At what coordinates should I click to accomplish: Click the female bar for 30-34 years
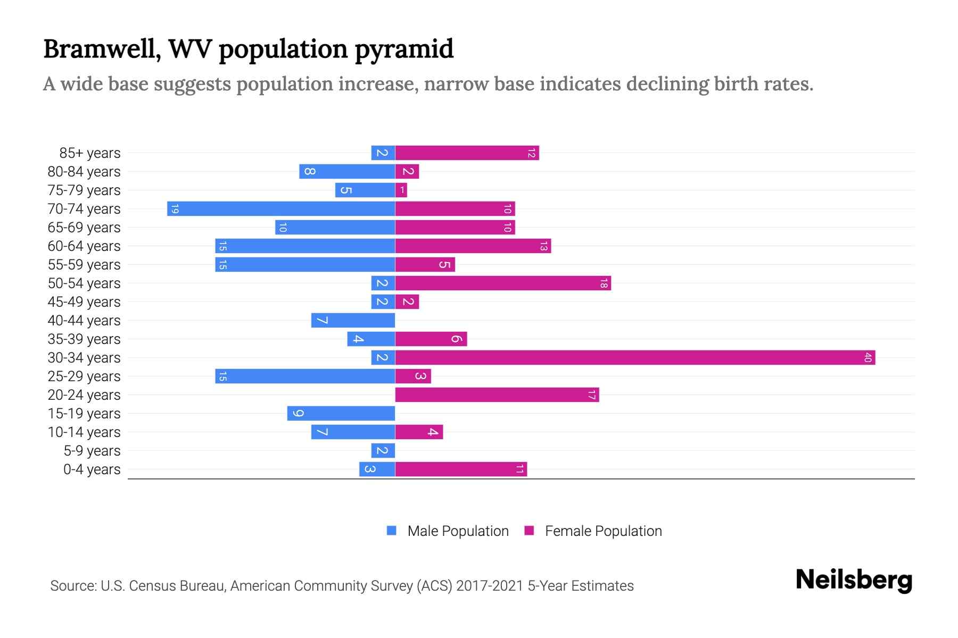635,358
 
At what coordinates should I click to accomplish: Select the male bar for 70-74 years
281,209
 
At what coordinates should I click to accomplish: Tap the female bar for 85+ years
467,153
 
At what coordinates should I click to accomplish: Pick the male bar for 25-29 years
305,376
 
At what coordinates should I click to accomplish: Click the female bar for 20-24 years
497,395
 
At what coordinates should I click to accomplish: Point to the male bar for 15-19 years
341,414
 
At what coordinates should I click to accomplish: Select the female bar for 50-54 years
503,283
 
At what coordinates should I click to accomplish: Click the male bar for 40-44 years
353,321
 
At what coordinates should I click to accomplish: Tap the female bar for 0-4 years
461,469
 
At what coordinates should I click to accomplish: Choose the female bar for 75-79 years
401,190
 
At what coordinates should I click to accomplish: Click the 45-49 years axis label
84,302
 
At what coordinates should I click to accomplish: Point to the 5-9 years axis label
92,451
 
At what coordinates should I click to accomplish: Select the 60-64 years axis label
84,246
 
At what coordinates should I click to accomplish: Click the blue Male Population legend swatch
392,531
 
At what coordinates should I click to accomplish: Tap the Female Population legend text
603,531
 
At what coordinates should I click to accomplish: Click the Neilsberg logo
854,580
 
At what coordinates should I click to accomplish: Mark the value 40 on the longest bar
868,358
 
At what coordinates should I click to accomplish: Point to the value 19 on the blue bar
175,209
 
